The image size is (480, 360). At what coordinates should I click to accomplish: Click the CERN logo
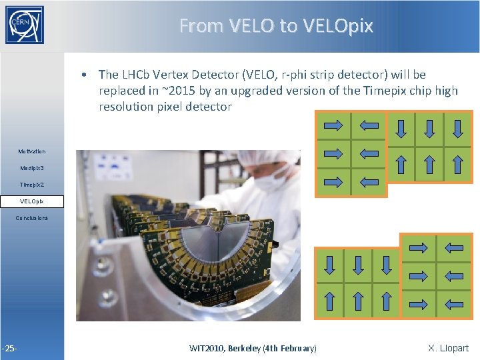tap(25, 25)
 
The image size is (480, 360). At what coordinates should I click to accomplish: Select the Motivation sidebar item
tap(32, 152)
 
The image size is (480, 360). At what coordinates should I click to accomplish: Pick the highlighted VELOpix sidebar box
tap(32, 201)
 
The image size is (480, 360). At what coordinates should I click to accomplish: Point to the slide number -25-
tap(9, 348)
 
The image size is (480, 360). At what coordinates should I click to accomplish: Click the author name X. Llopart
tap(448, 348)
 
